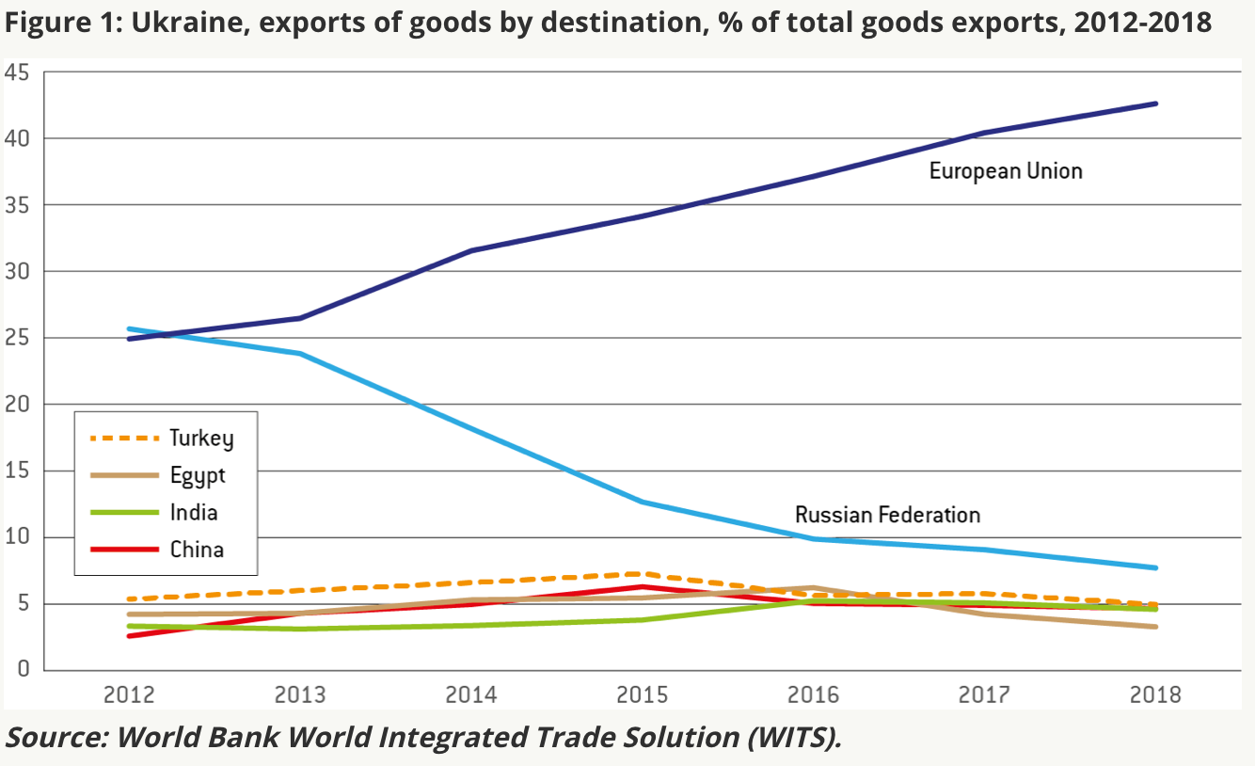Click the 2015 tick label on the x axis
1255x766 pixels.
tap(643, 695)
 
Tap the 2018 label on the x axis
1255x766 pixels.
tap(1155, 695)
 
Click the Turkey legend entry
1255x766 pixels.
tap(200, 438)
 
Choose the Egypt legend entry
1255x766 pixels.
tap(198, 475)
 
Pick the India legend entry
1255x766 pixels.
tap(194, 512)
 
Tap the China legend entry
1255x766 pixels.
tap(197, 549)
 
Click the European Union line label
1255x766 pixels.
tap(1006, 171)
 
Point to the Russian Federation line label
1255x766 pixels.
tap(887, 515)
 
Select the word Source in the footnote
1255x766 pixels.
tap(56, 737)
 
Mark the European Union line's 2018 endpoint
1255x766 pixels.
tap(1155, 104)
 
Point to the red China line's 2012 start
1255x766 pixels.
tap(129, 636)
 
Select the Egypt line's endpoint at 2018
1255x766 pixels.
tap(1155, 627)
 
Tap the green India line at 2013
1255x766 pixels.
tap(300, 629)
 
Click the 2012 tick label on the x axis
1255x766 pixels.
tap(129, 695)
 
